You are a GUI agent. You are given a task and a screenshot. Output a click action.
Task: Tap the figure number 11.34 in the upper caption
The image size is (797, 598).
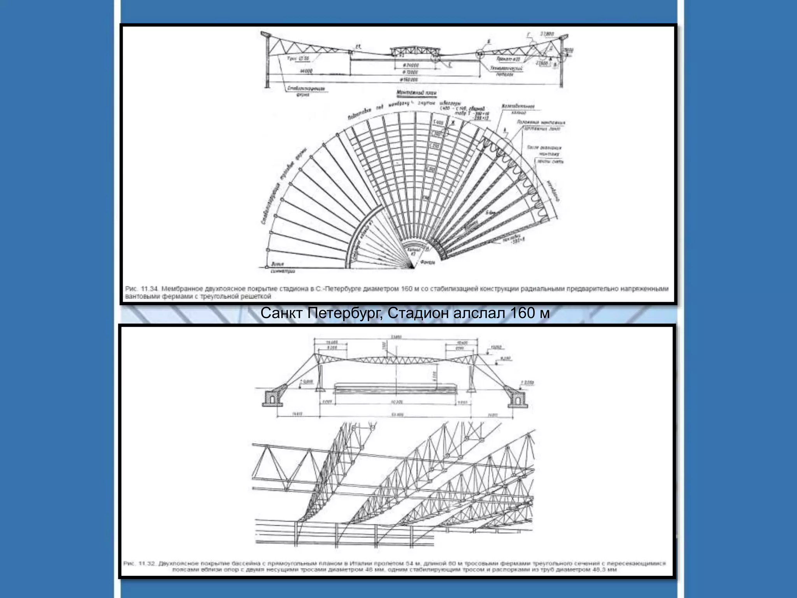click(x=148, y=289)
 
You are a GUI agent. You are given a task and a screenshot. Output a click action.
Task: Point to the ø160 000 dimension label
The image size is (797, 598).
click(x=409, y=80)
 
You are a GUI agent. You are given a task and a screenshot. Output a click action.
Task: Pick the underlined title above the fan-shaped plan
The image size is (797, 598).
click(x=416, y=93)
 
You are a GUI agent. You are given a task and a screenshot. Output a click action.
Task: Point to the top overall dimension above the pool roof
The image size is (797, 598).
click(x=396, y=337)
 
